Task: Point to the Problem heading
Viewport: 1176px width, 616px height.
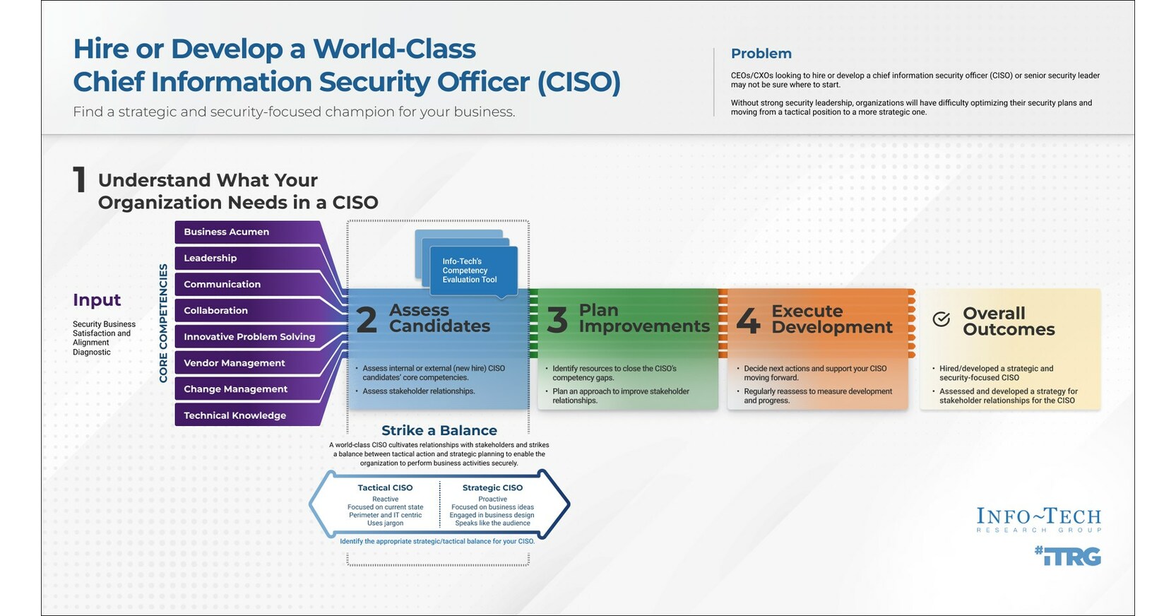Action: [x=761, y=54]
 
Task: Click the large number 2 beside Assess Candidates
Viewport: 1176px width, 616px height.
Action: [x=367, y=320]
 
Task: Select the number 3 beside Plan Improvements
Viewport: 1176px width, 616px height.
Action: [x=557, y=320]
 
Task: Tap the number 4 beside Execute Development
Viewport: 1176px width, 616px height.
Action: [x=748, y=321]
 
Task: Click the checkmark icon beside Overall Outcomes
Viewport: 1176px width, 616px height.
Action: [x=941, y=319]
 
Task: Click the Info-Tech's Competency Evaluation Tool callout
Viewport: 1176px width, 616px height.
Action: [x=470, y=271]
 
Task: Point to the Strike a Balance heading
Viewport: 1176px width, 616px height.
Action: [x=439, y=430]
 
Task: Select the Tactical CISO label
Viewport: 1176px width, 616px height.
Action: [x=385, y=487]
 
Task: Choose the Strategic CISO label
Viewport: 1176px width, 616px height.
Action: [x=492, y=487]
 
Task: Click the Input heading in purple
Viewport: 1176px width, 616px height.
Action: [x=97, y=300]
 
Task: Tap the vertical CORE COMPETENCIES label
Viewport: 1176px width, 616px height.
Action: [x=163, y=323]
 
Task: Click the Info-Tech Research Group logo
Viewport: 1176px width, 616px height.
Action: [x=1038, y=519]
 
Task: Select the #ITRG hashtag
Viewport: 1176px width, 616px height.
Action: [x=1067, y=557]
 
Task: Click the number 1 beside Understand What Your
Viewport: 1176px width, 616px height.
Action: [x=79, y=180]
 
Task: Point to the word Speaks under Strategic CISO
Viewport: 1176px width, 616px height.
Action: [x=466, y=523]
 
